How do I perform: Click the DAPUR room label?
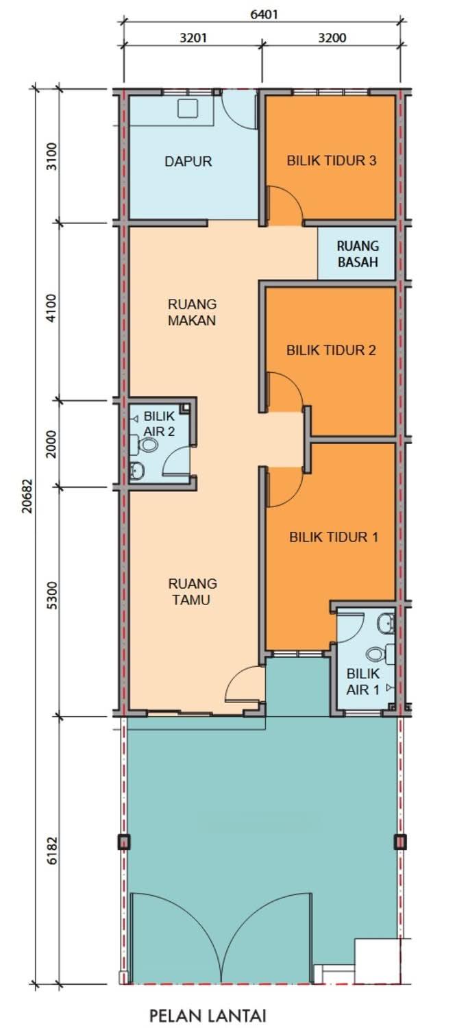click(188, 162)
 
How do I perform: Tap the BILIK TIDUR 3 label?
click(331, 160)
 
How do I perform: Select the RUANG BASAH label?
click(358, 254)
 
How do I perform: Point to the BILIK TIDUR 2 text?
click(331, 350)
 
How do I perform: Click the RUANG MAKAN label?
click(192, 312)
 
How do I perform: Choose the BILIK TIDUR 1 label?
click(334, 537)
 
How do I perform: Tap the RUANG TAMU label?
click(193, 591)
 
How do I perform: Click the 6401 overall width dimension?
click(264, 14)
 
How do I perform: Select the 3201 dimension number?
click(193, 38)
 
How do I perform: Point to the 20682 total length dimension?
click(28, 495)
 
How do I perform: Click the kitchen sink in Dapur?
click(187, 108)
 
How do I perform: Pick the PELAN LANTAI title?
click(208, 1014)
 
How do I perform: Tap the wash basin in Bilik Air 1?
click(385, 623)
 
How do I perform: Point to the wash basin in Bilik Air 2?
click(137, 471)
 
